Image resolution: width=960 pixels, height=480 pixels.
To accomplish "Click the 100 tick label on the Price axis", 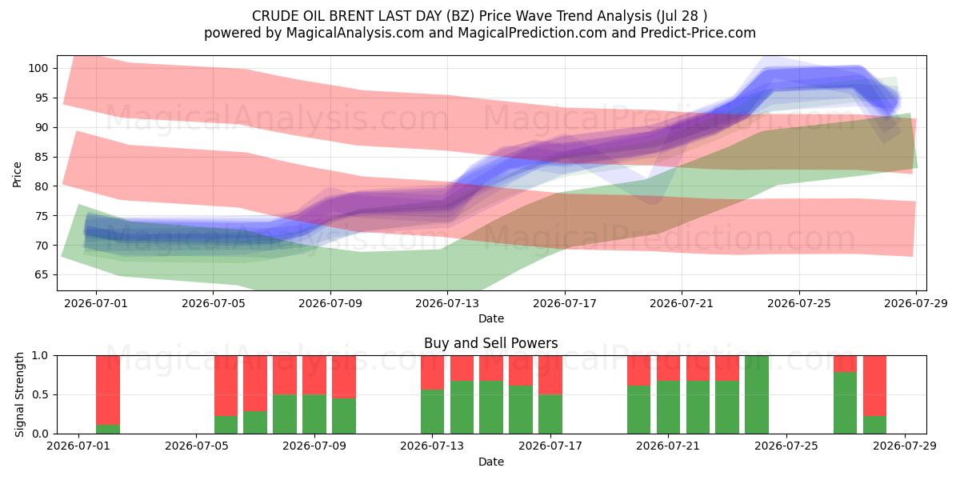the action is (x=38, y=68).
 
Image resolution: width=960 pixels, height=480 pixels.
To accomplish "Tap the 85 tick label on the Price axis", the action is (x=41, y=157).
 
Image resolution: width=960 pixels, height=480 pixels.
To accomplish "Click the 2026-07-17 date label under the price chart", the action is (x=565, y=303).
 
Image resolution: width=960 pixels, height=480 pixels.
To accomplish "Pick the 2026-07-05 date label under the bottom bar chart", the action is (x=196, y=446).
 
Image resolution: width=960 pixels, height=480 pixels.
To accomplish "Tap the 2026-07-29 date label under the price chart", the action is (x=916, y=303).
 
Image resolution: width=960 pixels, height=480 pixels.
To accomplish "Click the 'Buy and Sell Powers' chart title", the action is (x=490, y=343).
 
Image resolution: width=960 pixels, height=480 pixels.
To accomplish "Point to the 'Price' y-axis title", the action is (x=17, y=174).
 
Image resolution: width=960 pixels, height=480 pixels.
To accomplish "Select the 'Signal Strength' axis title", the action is (x=19, y=394).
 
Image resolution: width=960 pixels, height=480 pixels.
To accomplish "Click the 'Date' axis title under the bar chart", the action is (x=491, y=462).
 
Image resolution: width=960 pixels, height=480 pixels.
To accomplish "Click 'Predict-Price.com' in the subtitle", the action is (x=698, y=33).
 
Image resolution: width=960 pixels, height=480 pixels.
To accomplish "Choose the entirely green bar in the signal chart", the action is (x=757, y=394).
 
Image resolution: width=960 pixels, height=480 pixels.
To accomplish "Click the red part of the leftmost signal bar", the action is (x=108, y=390).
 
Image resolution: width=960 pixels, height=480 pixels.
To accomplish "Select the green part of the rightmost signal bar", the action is (x=874, y=425).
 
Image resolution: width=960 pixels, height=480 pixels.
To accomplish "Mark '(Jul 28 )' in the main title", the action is (x=682, y=16).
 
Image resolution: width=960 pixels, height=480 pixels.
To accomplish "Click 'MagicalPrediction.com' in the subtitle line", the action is (x=532, y=33).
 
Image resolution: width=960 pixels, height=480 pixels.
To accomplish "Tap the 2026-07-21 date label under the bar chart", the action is (x=668, y=446).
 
